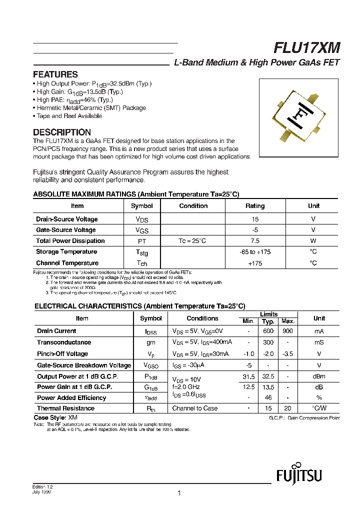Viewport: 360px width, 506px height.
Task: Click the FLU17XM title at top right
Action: tap(306, 48)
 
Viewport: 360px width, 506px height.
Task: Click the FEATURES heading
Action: tap(55, 74)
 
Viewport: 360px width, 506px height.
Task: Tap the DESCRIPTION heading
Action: tap(61, 132)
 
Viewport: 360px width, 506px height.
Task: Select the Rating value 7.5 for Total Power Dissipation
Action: tap(255, 241)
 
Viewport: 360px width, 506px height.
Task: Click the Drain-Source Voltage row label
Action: tap(66, 219)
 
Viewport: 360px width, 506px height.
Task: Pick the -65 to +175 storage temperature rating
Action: tap(255, 252)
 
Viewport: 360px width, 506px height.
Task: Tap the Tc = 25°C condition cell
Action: tap(192, 241)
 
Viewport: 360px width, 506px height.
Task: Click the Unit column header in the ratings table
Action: tap(313, 206)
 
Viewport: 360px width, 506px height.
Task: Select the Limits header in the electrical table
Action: tap(268, 314)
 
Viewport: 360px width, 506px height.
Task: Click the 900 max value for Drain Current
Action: tap(287, 331)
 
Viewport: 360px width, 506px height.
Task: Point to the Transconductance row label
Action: tap(64, 342)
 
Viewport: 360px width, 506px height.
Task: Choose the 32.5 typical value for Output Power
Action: tap(268, 376)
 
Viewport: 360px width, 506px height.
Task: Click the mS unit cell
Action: tap(319, 342)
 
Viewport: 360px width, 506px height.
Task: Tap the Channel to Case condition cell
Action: tap(195, 408)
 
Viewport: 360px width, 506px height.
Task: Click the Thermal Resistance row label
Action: tap(65, 408)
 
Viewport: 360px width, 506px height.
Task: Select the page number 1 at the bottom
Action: tap(178, 493)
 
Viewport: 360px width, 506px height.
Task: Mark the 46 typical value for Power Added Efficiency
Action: tap(268, 398)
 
